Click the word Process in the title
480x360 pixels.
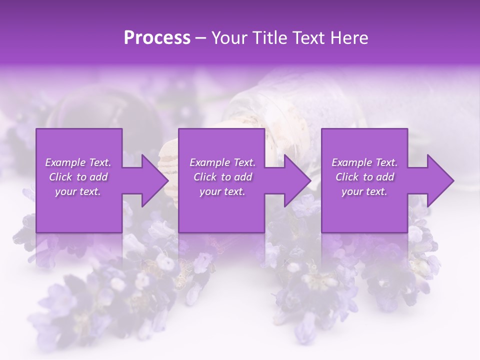[x=157, y=38]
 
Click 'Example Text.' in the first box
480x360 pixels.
[x=78, y=162]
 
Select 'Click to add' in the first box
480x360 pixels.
[x=78, y=177]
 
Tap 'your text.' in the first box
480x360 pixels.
[x=78, y=191]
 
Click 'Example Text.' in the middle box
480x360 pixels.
[x=222, y=162]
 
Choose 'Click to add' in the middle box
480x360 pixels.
[x=222, y=177]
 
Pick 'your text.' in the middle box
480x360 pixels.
[x=222, y=191]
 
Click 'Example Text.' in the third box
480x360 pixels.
[x=364, y=162]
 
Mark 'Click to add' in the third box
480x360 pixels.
[x=364, y=177]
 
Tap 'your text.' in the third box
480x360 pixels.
[x=364, y=191]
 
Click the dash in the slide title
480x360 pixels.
[x=200, y=38]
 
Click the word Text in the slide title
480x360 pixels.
[x=306, y=38]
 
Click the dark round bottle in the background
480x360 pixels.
[x=80, y=110]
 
